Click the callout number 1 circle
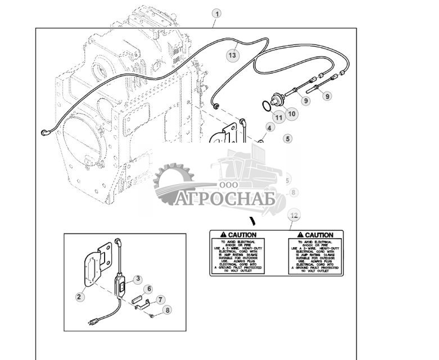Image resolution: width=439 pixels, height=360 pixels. [216, 13]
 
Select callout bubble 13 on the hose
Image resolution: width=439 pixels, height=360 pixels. [233, 55]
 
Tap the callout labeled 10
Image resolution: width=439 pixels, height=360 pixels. [292, 114]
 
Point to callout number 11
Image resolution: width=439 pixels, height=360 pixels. [279, 117]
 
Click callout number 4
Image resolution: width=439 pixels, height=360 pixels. [270, 128]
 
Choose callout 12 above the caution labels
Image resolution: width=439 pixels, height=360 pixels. [292, 216]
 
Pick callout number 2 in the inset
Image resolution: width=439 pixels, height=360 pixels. [79, 297]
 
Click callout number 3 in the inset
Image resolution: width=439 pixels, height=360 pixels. [138, 278]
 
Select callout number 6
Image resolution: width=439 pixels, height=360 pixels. [149, 289]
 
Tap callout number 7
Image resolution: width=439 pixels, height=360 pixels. [160, 300]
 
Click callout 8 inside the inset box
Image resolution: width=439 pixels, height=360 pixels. [166, 309]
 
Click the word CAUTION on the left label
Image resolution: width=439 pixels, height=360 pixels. [242, 235]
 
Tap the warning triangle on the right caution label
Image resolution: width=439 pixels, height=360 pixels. [301, 234]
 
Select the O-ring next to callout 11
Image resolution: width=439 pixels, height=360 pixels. [266, 105]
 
